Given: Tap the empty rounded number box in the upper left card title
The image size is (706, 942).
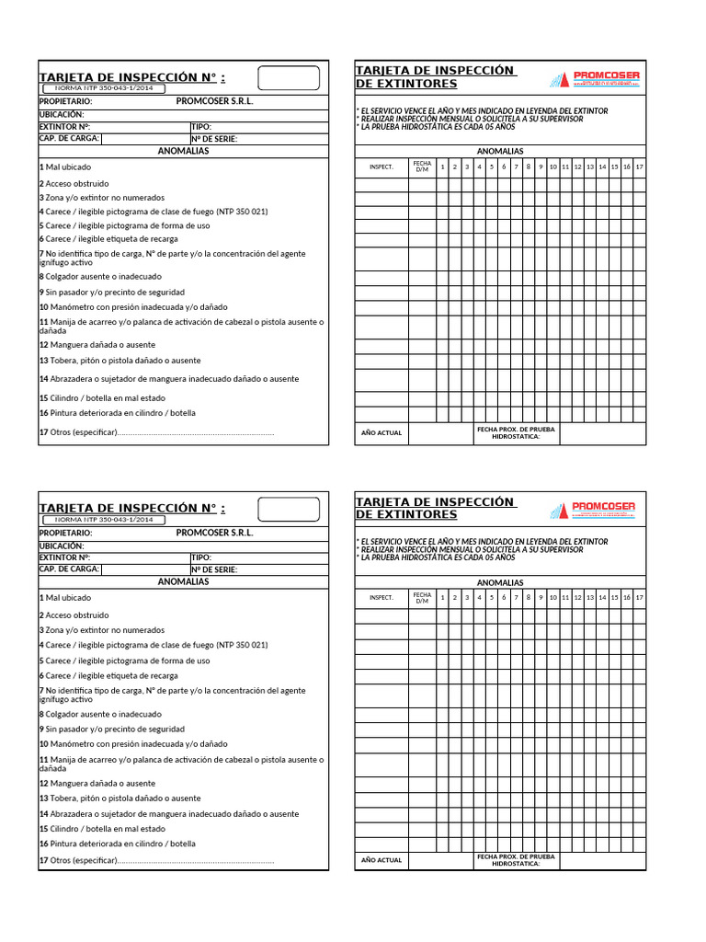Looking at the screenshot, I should tap(288, 77).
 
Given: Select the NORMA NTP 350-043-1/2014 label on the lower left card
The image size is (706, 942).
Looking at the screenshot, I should tap(98, 520).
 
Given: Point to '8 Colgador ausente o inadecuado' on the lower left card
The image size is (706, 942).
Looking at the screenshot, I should tap(100, 714).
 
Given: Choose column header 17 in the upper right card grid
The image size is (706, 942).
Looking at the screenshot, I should tap(639, 167).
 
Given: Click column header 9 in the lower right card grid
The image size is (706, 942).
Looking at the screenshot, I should tap(541, 597).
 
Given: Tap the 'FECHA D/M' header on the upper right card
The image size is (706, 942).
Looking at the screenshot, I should tap(422, 167).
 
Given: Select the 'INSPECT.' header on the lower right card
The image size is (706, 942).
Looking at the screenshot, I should tap(381, 597).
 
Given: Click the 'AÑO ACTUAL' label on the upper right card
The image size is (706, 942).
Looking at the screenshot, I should tap(381, 432).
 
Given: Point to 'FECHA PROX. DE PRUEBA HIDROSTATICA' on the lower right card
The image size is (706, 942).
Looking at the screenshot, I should tap(516, 859).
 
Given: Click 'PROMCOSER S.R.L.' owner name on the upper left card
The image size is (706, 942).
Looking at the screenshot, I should tap(214, 101).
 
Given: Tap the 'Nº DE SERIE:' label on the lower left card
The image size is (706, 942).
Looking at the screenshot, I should tap(215, 569).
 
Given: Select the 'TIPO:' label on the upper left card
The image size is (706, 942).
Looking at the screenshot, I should tap(202, 127).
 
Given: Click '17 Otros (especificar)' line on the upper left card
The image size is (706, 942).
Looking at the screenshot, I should tap(156, 432).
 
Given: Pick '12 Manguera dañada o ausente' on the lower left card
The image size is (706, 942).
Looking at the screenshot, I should tap(97, 783).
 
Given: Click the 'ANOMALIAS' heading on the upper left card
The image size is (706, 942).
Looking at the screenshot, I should tap(183, 151).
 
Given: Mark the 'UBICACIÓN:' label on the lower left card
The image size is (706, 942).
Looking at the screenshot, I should tap(62, 546).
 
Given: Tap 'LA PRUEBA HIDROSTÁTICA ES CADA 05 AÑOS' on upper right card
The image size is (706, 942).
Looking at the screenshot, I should tap(438, 127).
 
